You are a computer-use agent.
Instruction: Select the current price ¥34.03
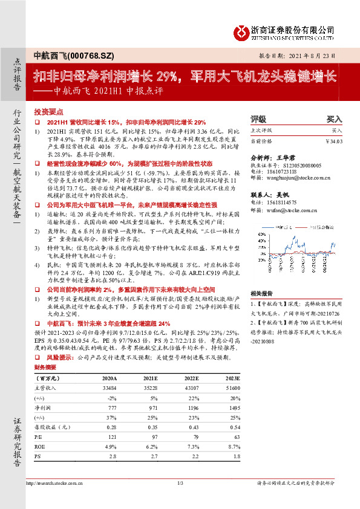[334, 142]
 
